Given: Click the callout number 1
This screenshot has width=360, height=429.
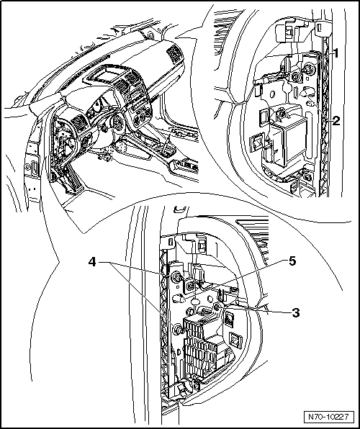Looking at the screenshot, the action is pos(336,53).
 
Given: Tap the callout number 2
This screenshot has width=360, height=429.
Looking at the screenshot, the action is pos(335,120).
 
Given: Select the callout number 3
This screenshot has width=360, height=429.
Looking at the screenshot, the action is pos(295,312).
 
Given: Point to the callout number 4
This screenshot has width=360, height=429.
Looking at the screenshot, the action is pos(92,263).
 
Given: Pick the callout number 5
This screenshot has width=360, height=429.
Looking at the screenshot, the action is pos(292,261).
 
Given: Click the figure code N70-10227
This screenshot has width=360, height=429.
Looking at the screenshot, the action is pos(328,417).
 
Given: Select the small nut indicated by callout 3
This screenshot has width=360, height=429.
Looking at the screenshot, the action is pos(217,307).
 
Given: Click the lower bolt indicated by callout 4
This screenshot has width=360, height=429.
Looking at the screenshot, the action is pos(178,329).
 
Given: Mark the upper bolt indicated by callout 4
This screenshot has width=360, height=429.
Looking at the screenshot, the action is pos(176,278).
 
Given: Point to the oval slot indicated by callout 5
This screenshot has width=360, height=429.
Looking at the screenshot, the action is pos(179,297).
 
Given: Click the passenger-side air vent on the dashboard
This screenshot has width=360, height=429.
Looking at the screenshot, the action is pos(172,53).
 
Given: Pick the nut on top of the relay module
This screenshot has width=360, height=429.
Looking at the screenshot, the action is pos(281,113).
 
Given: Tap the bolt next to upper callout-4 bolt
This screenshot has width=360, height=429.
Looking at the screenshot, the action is pos(190,286).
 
